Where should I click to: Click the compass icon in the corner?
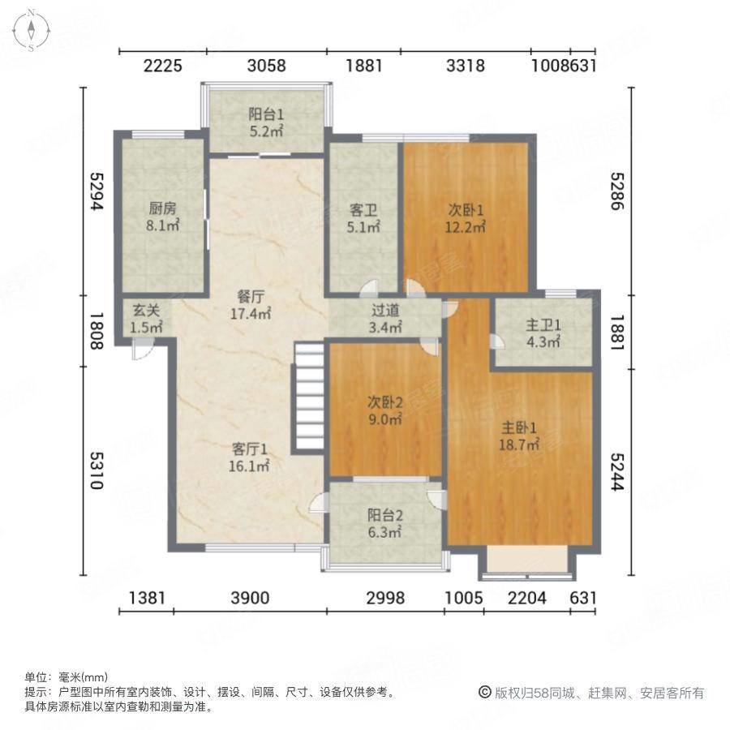tap(30, 30)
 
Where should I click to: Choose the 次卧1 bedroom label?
tap(467, 208)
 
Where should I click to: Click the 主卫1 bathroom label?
tap(543, 325)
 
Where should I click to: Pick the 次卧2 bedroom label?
tap(384, 401)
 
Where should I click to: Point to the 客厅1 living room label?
tap(250, 449)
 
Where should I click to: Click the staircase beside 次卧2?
tap(309, 398)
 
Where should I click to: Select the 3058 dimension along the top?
tap(266, 66)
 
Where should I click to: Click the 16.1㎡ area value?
tap(250, 466)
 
